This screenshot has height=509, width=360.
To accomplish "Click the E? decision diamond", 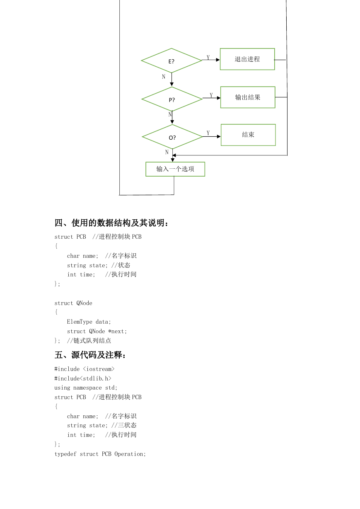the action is tap(172, 61).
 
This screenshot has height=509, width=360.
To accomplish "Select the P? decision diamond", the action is tap(172, 99).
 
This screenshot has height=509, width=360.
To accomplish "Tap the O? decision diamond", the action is tap(172, 137).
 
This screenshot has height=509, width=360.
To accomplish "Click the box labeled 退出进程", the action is tap(247, 59).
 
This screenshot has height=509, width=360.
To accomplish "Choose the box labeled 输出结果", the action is tap(248, 97).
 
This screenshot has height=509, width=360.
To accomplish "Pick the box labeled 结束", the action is tap(248, 135).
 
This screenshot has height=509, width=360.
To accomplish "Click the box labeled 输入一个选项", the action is tap(175, 169).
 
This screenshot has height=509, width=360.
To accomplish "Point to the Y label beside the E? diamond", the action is tap(208, 57).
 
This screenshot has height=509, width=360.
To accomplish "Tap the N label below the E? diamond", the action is tap(164, 77).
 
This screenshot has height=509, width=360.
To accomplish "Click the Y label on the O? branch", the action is tap(208, 133).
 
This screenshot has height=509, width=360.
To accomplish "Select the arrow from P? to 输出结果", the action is tap(211, 98).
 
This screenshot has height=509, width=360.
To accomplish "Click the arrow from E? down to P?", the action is tap(172, 80).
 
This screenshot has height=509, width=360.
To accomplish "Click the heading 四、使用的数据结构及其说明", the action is tap(111, 223).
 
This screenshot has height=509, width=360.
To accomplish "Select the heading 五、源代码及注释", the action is tap(90, 355).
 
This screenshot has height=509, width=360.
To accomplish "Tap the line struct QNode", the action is tap(73, 303).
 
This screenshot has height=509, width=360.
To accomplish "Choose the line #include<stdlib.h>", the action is tap(83, 378).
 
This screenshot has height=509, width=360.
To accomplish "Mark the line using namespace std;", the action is tap(86, 388).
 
